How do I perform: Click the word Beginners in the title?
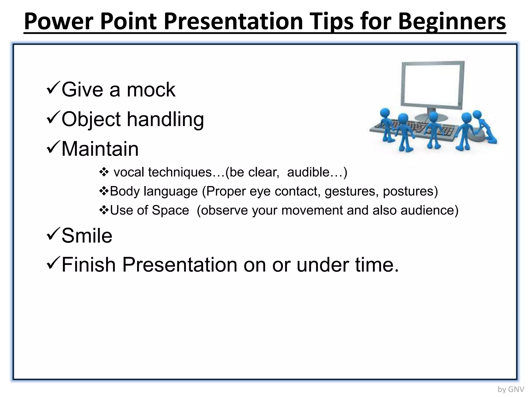click(452, 21)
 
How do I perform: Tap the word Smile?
click(87, 235)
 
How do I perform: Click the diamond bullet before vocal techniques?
click(104, 172)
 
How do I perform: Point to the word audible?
click(308, 172)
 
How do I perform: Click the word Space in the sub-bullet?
click(170, 210)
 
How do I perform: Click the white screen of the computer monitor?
click(433, 83)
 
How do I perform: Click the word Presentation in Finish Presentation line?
click(180, 265)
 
